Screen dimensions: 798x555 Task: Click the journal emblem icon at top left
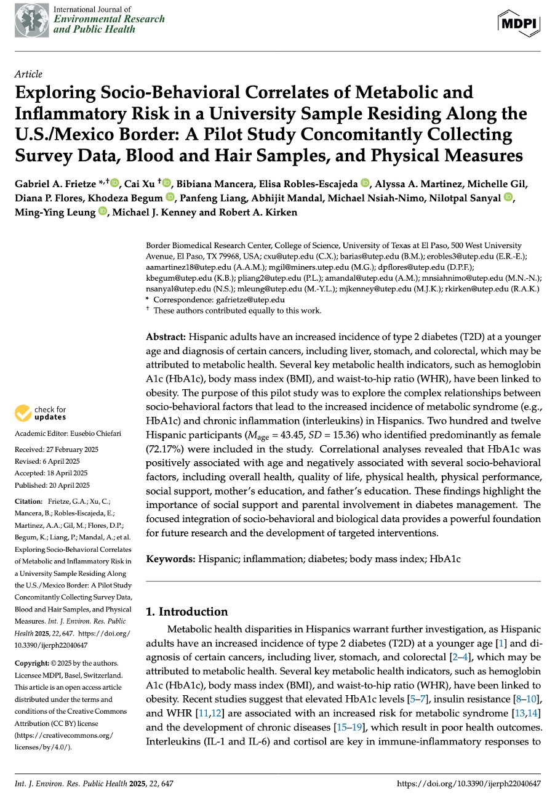pos(30,20)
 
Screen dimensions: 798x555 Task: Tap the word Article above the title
pos(28,75)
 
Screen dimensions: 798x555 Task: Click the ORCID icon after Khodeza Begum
pos(170,198)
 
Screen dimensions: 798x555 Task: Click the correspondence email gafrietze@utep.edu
pos(250,300)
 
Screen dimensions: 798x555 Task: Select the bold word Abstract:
pos(166,338)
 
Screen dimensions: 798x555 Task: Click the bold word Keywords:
pos(170,559)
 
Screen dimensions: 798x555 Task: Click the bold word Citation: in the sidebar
pos(29,502)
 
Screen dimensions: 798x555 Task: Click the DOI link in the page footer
pos(469,784)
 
